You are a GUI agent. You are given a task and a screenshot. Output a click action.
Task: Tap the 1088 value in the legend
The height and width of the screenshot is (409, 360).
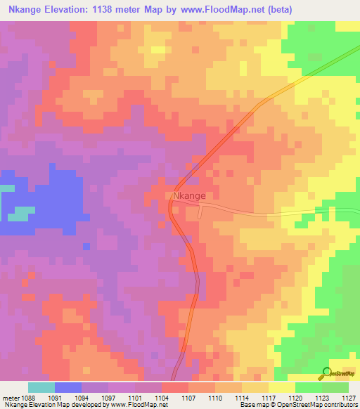27,397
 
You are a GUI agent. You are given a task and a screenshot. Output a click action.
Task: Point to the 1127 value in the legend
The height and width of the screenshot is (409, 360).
348,397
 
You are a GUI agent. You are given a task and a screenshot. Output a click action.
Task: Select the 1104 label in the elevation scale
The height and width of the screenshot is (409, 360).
161,397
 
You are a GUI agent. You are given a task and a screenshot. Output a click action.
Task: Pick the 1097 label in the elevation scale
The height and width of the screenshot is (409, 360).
108,397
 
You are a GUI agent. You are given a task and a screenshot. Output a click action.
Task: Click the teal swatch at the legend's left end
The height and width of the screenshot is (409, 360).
41,387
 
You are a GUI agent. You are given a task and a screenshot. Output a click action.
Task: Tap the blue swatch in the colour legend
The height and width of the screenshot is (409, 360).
67,387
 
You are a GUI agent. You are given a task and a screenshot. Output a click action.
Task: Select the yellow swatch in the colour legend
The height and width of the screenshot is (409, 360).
281,387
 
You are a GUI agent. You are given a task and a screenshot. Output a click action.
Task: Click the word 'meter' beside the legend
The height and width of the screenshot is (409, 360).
11,397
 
